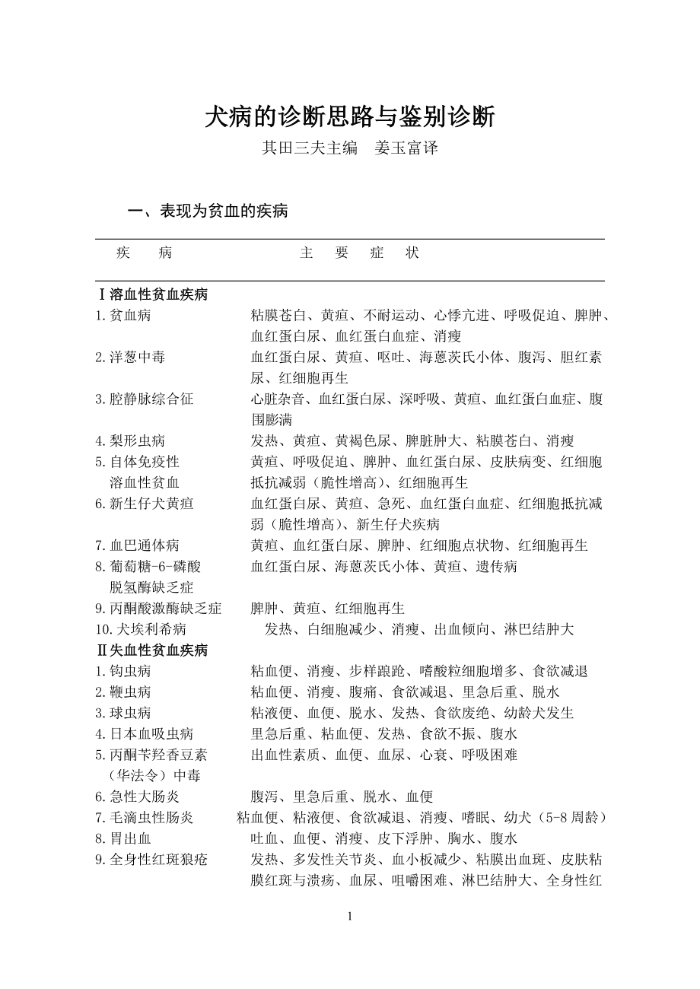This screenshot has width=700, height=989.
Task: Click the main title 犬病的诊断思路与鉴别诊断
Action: click(x=350, y=116)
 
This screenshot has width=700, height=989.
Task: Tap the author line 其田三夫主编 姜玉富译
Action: click(x=350, y=148)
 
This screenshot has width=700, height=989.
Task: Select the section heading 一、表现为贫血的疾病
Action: click(x=208, y=211)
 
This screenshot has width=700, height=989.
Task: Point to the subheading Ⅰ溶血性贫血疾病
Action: click(x=152, y=294)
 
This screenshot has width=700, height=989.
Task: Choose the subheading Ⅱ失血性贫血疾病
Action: click(x=152, y=650)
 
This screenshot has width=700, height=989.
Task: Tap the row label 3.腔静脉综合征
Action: click(x=144, y=399)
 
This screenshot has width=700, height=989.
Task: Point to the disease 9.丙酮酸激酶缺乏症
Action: click(x=158, y=609)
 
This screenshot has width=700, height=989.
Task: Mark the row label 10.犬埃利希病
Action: click(x=141, y=629)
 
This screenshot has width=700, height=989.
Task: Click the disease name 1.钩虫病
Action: click(x=123, y=671)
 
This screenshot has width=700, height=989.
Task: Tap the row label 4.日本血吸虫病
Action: click(x=144, y=734)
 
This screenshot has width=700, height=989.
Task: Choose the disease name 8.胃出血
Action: click(x=123, y=838)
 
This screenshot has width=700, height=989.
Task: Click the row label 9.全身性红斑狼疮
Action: click(x=151, y=860)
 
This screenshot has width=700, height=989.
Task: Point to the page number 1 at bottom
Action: click(x=350, y=916)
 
